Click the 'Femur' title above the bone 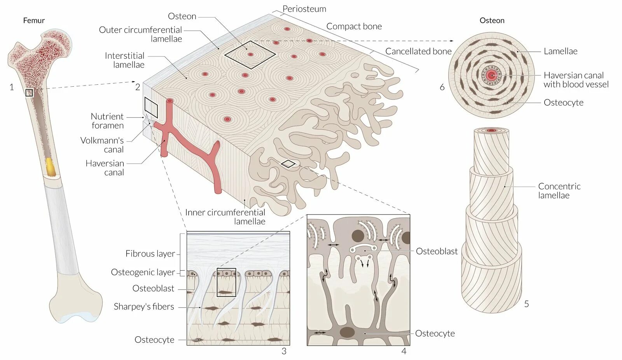click(34, 21)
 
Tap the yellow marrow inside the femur click(51, 166)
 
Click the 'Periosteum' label click(304, 9)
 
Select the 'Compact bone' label click(354, 26)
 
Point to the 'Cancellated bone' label click(418, 51)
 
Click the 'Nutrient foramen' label click(107, 121)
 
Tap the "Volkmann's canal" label click(102, 145)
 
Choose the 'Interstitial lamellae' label click(124, 60)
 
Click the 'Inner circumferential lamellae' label click(225, 217)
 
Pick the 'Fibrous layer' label click(150, 253)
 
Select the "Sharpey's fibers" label click(144, 306)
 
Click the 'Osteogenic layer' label click(143, 272)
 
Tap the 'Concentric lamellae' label click(559, 190)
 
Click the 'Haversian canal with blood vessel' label click(576, 80)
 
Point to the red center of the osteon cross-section click(492, 75)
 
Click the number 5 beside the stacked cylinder click(526, 304)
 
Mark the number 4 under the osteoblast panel click(404, 351)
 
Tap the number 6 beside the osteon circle click(442, 87)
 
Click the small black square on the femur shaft click(29, 93)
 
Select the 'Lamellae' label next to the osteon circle click(560, 51)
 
